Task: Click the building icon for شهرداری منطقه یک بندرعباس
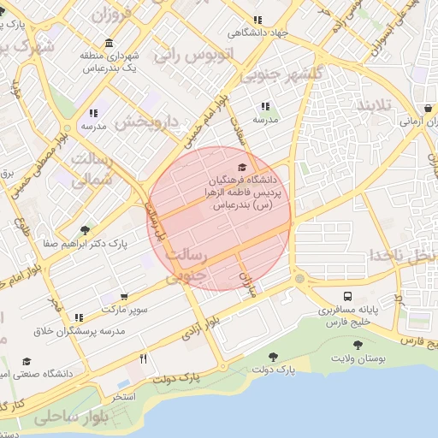[x=108, y=44]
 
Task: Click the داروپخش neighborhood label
[x=147, y=122]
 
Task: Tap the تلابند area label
[x=373, y=107]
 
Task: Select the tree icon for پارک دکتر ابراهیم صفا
[x=84, y=229]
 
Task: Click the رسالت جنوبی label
[x=185, y=265]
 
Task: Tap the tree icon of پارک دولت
[x=273, y=357]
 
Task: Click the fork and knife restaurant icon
[x=144, y=358]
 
